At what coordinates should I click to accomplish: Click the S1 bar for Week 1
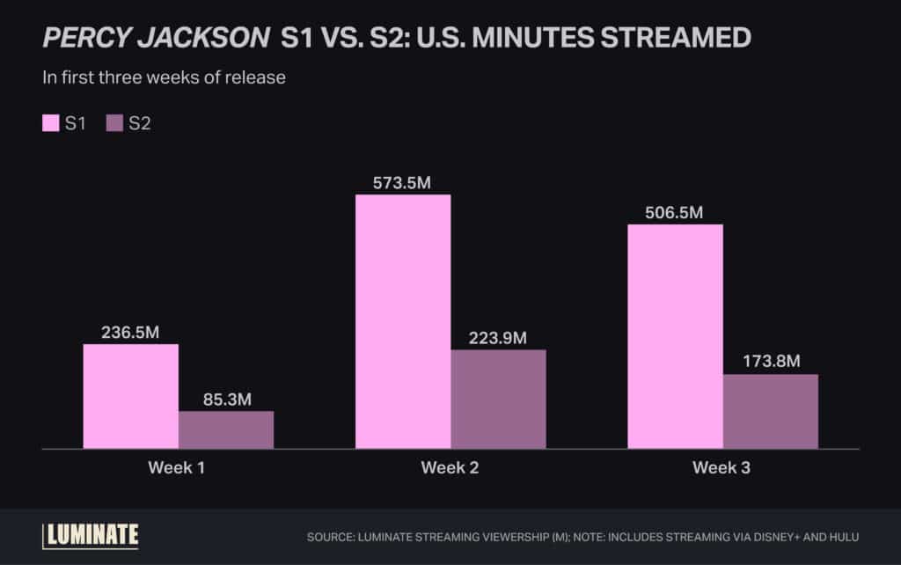131,396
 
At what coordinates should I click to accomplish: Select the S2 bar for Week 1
226,429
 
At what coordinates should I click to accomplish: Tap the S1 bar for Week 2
403,321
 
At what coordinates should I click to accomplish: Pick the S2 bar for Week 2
498,399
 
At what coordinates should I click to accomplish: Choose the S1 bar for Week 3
675,336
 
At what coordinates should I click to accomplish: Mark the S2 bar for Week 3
770,411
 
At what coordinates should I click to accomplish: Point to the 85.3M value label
226,399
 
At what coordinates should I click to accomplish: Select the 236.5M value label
131,332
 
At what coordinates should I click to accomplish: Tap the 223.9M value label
498,338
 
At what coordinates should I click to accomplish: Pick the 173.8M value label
770,362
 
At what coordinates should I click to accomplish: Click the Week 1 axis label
177,468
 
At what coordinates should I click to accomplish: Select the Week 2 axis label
450,468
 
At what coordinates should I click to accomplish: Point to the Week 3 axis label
722,468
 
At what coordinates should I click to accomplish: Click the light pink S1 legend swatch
50,123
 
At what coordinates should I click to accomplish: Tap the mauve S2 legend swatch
114,123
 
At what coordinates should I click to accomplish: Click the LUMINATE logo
91,535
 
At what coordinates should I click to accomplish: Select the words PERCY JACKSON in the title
155,37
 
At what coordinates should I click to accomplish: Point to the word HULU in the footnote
842,536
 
